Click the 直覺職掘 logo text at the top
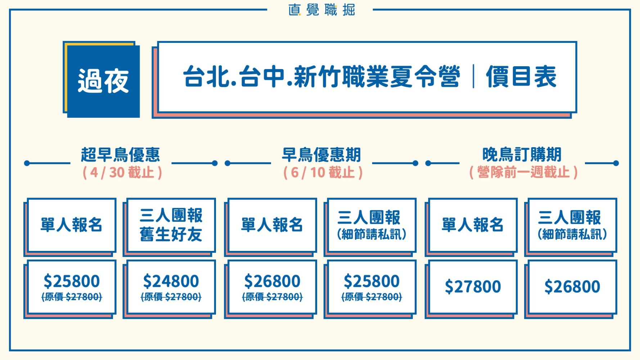tap(321, 10)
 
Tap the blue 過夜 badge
tap(103, 81)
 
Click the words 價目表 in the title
tap(521, 77)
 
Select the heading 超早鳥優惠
tap(121, 155)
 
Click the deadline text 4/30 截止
tap(122, 173)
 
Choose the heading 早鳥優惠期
tap(321, 155)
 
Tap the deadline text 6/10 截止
tap(323, 173)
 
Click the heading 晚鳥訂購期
tap(522, 155)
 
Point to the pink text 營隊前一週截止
tap(524, 173)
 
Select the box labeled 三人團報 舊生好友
tap(171, 225)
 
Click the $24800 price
tap(171, 281)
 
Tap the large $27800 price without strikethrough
tap(473, 287)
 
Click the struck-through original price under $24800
tap(171, 297)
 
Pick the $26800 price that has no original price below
tap(572, 287)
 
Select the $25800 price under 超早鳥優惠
tap(72, 281)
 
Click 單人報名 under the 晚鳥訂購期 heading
tap(473, 225)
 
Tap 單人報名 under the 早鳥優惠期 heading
tap(272, 225)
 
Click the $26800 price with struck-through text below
tap(272, 281)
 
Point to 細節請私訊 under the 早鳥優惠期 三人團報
tap(372, 235)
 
